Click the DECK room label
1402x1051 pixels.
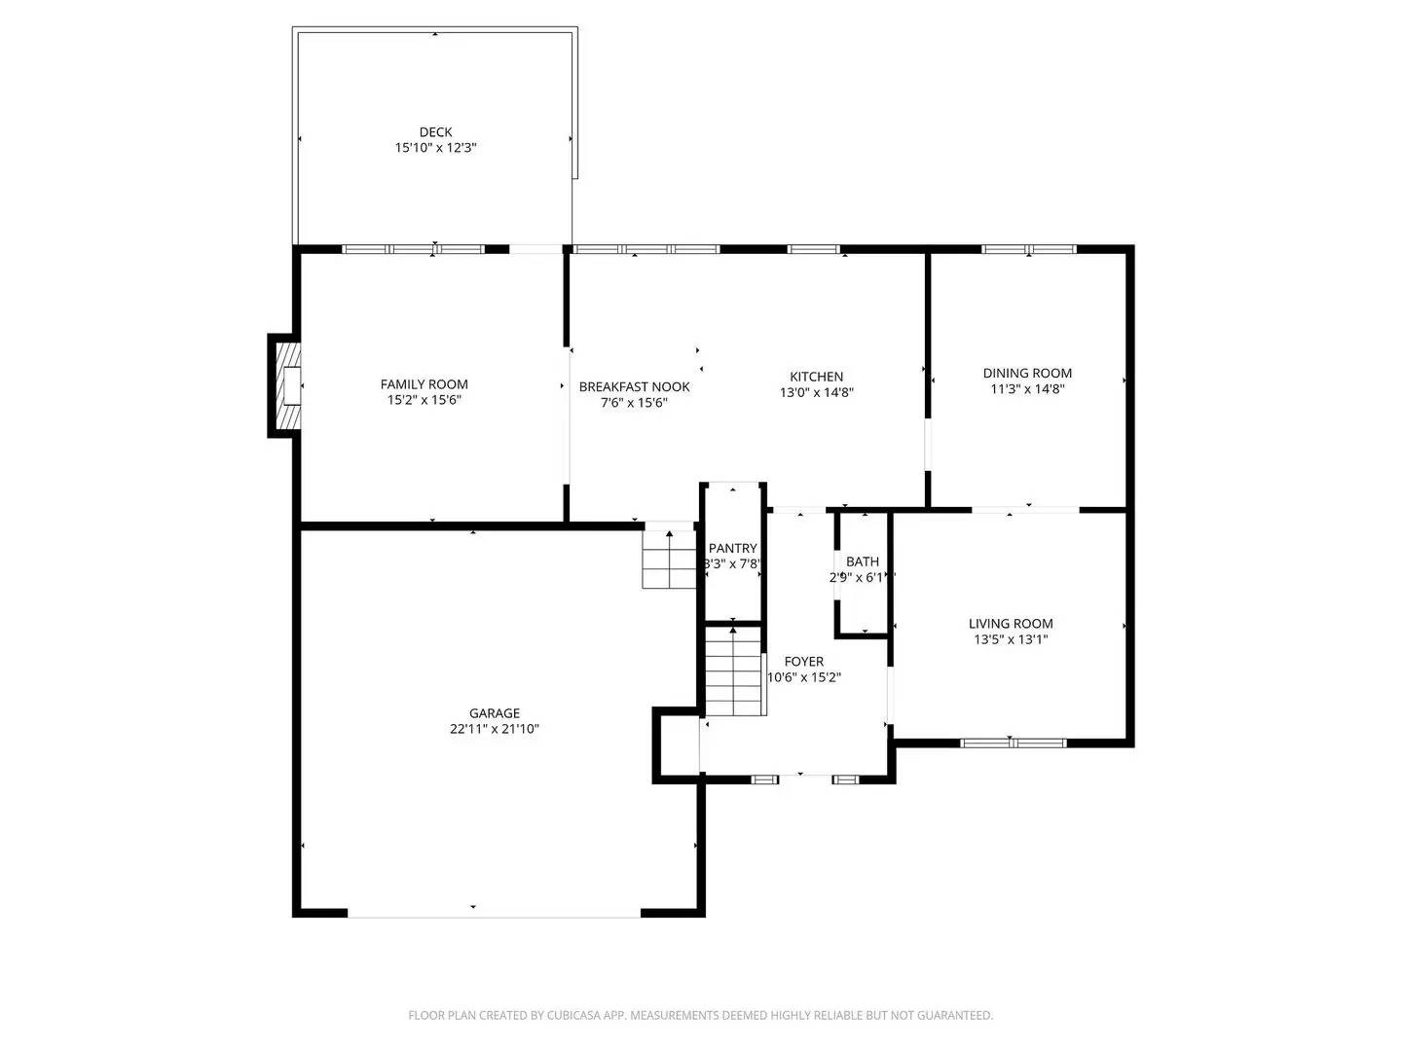coord(435,132)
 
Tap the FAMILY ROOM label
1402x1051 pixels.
coord(424,384)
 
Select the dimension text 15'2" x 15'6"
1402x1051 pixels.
coord(424,400)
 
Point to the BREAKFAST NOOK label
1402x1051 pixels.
coord(634,386)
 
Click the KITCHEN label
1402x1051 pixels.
coord(816,377)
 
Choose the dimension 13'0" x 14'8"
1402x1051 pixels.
coord(816,393)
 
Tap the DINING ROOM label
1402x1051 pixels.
coord(1027,373)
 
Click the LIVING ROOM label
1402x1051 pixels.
coord(1011,624)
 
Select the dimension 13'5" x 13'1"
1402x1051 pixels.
coord(1011,640)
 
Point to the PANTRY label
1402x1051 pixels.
coord(732,549)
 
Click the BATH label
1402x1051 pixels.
coord(862,562)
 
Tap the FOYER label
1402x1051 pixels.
coord(803,662)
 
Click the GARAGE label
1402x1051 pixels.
coord(494,713)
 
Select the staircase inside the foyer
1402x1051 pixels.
coord(732,671)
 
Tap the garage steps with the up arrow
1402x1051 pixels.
coord(668,561)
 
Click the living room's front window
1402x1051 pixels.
coord(1013,743)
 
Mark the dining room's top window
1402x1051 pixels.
coord(1028,249)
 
